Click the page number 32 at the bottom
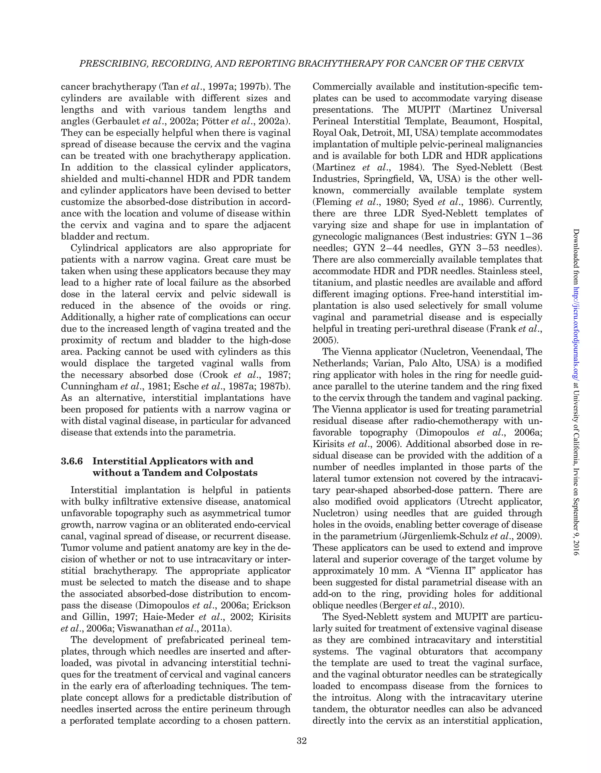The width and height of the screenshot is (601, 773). pos(301,741)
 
